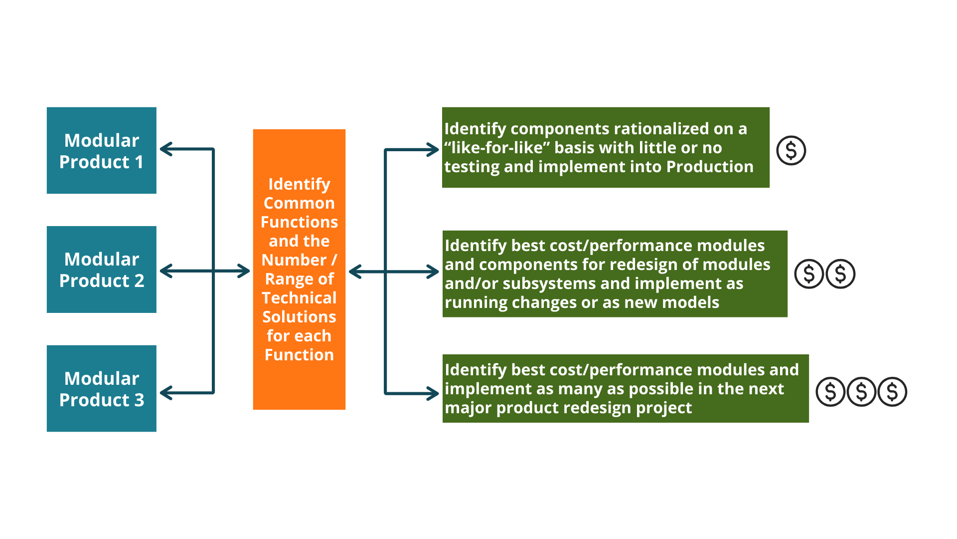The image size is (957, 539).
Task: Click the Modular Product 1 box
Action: [x=101, y=150]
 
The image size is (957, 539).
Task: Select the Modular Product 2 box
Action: [x=101, y=269]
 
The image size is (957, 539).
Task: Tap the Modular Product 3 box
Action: [x=101, y=388]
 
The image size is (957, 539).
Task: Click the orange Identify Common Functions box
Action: [x=299, y=269]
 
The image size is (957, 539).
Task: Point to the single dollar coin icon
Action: [x=791, y=150]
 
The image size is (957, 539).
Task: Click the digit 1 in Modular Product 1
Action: [x=139, y=162]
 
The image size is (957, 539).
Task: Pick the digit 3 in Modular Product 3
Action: [x=139, y=400]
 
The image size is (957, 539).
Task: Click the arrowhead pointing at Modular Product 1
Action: [x=165, y=149]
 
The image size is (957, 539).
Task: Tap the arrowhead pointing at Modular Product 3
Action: [x=165, y=393]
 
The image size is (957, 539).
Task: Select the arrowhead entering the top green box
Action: [x=434, y=149]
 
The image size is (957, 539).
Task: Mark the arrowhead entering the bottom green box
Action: [x=434, y=393]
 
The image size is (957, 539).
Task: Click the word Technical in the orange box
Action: [x=299, y=298]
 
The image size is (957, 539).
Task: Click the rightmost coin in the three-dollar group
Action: [x=892, y=392]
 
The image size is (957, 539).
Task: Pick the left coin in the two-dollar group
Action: [x=809, y=273]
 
